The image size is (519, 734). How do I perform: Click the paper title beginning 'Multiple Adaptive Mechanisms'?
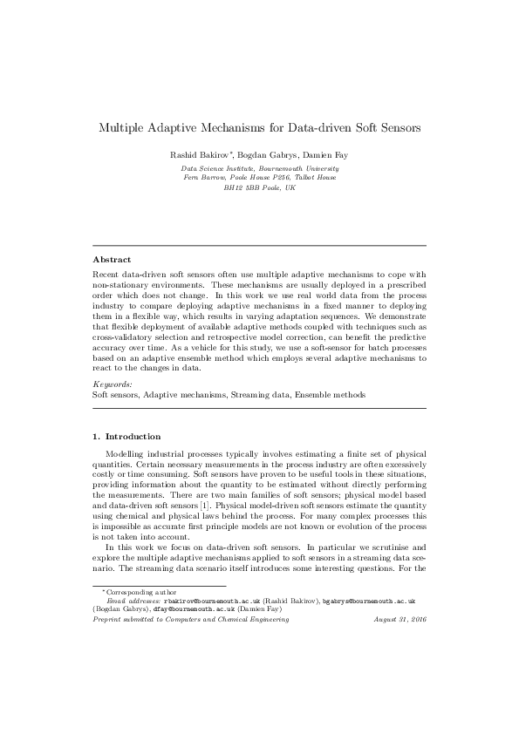pyautogui.click(x=259, y=126)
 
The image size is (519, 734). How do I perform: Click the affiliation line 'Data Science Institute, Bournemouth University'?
pyautogui.click(x=259, y=167)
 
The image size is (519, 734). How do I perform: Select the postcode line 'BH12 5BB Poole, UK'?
pyautogui.click(x=259, y=187)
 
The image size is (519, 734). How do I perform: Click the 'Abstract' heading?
pyautogui.click(x=112, y=259)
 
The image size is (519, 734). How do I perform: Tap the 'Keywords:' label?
pyautogui.click(x=112, y=384)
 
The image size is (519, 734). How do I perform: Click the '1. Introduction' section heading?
pyautogui.click(x=126, y=436)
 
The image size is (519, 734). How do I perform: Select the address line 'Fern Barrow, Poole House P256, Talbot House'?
pyautogui.click(x=259, y=177)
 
